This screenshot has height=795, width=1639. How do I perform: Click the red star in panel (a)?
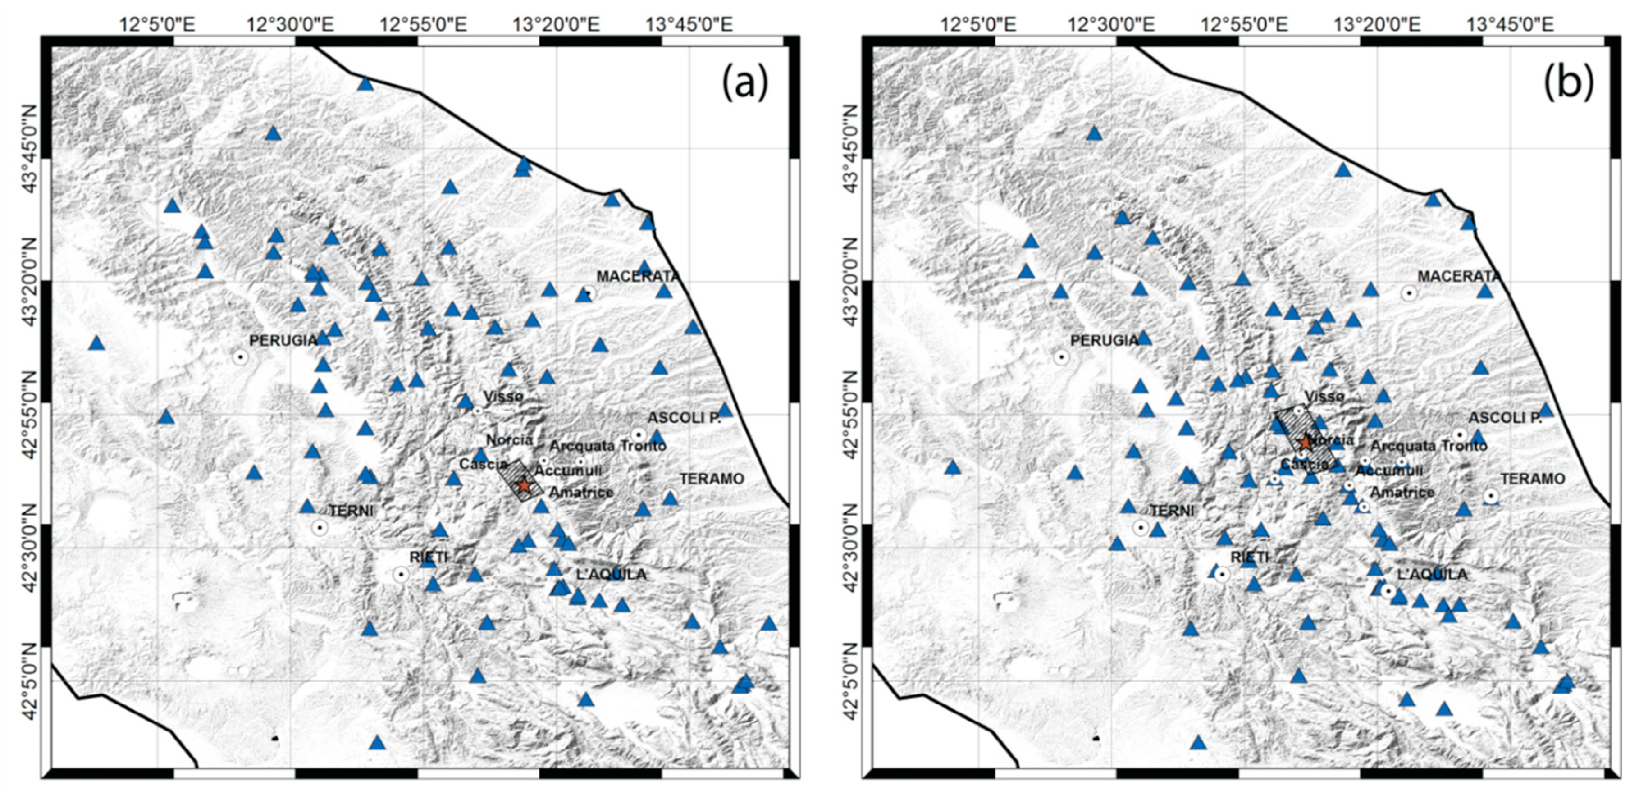point(524,485)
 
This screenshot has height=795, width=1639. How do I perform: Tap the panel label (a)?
point(744,83)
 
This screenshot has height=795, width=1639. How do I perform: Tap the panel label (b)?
point(1568,83)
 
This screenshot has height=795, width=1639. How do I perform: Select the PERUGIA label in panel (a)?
point(283,341)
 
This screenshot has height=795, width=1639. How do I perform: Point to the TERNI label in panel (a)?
point(351,511)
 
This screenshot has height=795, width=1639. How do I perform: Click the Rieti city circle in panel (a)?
point(400,574)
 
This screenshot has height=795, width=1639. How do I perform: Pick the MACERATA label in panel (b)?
point(1458,276)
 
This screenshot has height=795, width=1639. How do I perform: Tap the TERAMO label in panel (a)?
point(711,479)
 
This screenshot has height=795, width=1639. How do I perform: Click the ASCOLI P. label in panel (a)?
point(684,418)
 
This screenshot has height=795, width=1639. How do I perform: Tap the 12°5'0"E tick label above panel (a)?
point(158,25)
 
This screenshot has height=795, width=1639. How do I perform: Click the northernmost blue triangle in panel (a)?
point(365,84)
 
